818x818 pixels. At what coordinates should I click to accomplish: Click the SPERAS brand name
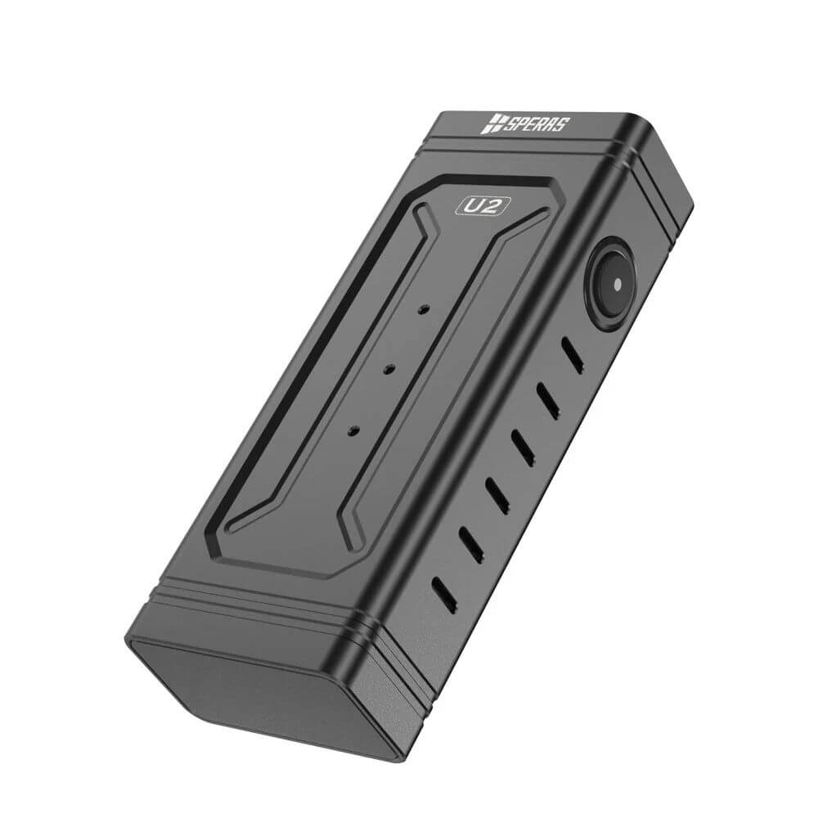click(x=537, y=125)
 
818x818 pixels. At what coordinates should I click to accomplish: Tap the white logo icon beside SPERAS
click(x=492, y=124)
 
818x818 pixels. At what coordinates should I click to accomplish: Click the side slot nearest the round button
click(x=573, y=355)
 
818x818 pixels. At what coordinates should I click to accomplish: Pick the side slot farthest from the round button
click(x=446, y=588)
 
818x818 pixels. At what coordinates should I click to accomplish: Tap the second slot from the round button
click(x=547, y=400)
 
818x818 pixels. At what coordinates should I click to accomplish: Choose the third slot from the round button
click(x=522, y=447)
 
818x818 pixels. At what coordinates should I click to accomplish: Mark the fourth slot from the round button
click(x=497, y=494)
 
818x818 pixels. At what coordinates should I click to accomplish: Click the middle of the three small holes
click(x=389, y=369)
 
